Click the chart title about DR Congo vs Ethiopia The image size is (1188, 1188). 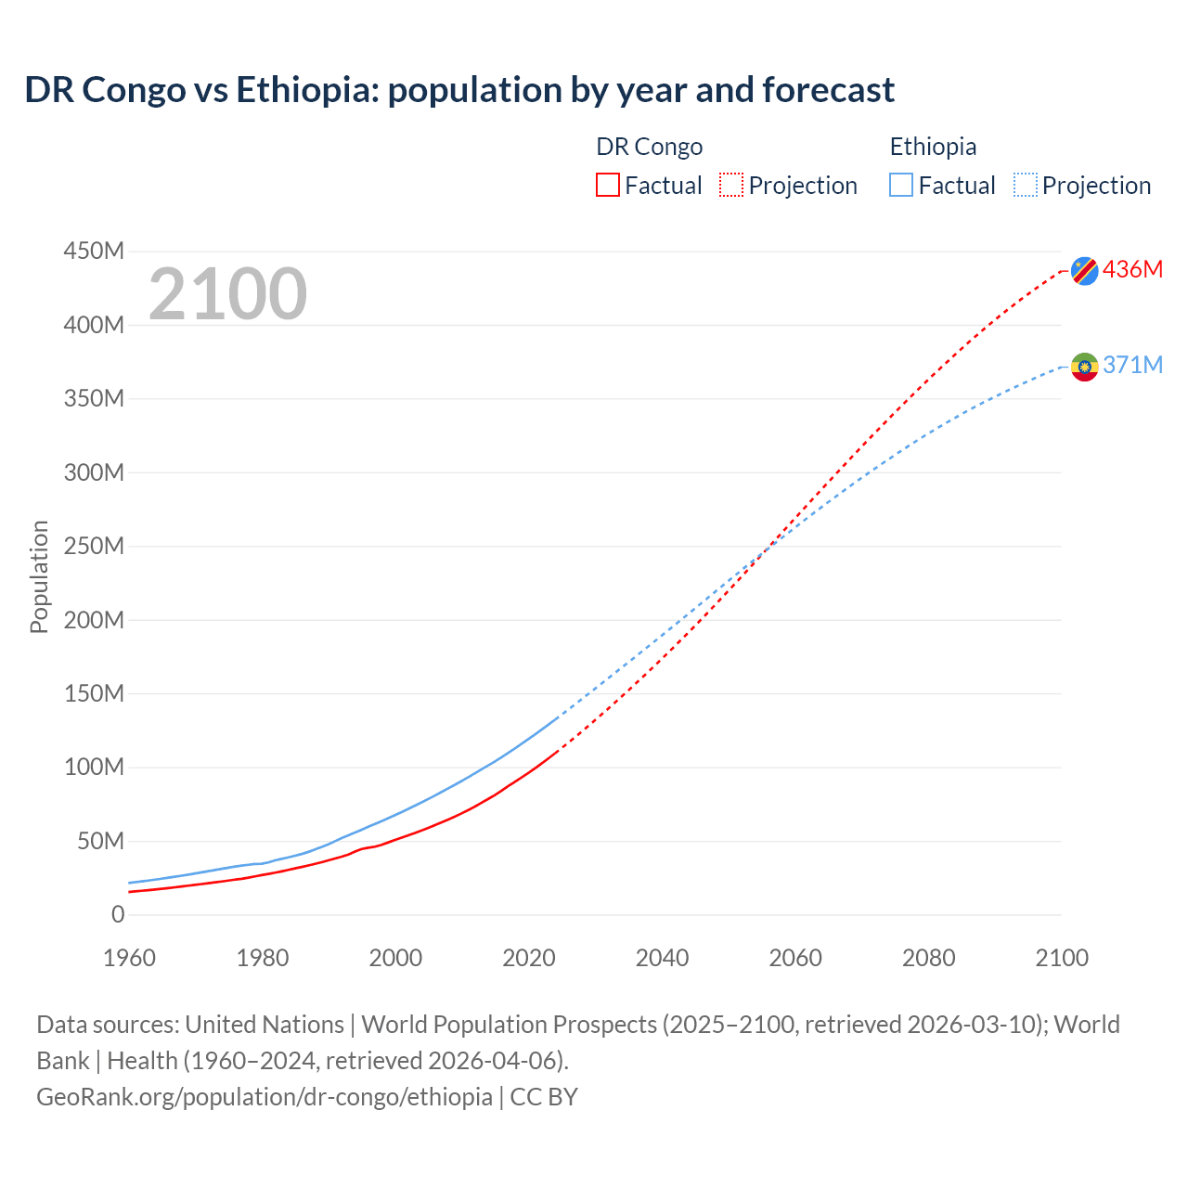pyautogui.click(x=459, y=90)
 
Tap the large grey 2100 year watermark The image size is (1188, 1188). pyautogui.click(x=227, y=294)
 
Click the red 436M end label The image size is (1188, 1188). pyautogui.click(x=1132, y=269)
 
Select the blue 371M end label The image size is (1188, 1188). pyautogui.click(x=1132, y=365)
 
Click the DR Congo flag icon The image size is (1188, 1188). pyautogui.click(x=1084, y=271)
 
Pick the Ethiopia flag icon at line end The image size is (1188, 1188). pyautogui.click(x=1084, y=367)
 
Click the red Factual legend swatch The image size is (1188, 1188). pyautogui.click(x=608, y=185)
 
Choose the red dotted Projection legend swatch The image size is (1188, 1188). pyautogui.click(x=731, y=185)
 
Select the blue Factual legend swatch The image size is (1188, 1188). pyautogui.click(x=901, y=185)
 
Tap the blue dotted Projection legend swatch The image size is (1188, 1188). pyautogui.click(x=1026, y=185)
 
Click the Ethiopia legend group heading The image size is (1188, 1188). pyautogui.click(x=933, y=147)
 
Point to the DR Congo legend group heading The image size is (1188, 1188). pyautogui.click(x=649, y=147)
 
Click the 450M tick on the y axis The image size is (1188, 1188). pyautogui.click(x=94, y=252)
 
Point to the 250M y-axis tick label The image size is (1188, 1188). pyautogui.click(x=94, y=546)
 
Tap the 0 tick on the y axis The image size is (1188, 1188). pyautogui.click(x=117, y=914)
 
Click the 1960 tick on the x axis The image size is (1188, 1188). pyautogui.click(x=129, y=958)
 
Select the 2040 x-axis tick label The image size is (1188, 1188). pyautogui.click(x=662, y=958)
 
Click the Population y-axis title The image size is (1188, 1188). pyautogui.click(x=39, y=576)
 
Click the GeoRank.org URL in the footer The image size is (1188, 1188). pyautogui.click(x=265, y=1096)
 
